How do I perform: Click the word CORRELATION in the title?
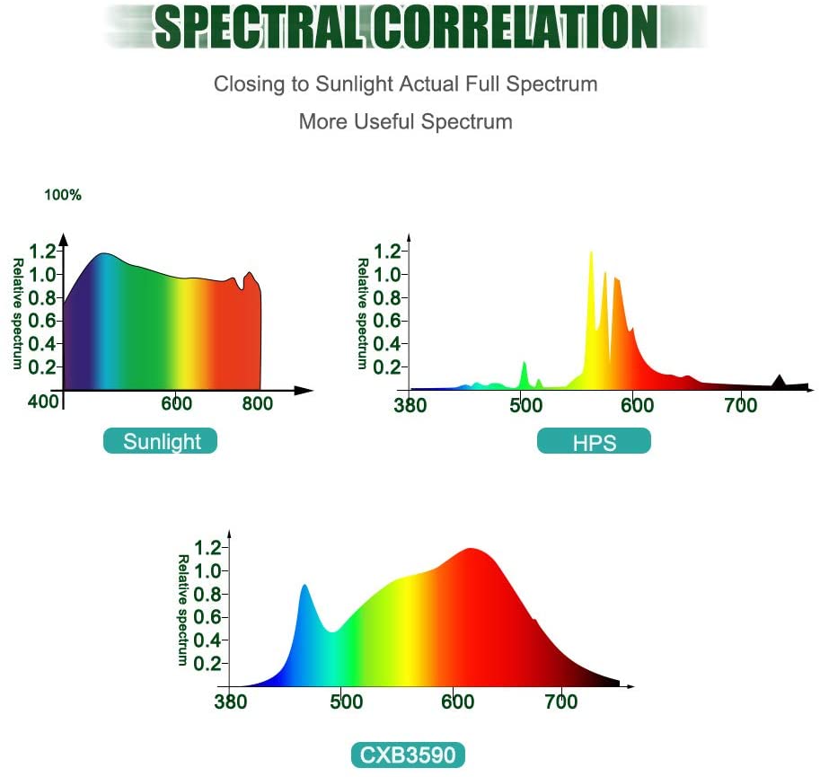[x=516, y=27]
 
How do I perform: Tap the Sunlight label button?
[x=160, y=441]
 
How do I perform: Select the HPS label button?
[x=594, y=442]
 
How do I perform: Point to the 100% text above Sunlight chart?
[x=63, y=195]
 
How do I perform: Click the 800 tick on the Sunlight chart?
[x=258, y=403]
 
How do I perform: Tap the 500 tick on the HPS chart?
[x=522, y=405]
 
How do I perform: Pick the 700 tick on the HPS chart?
[x=740, y=405]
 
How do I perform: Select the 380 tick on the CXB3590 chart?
[x=231, y=702]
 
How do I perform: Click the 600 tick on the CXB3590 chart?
[x=454, y=702]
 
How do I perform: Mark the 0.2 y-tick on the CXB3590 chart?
[x=208, y=663]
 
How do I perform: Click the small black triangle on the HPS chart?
[x=780, y=382]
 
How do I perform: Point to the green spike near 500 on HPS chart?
[x=525, y=368]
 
